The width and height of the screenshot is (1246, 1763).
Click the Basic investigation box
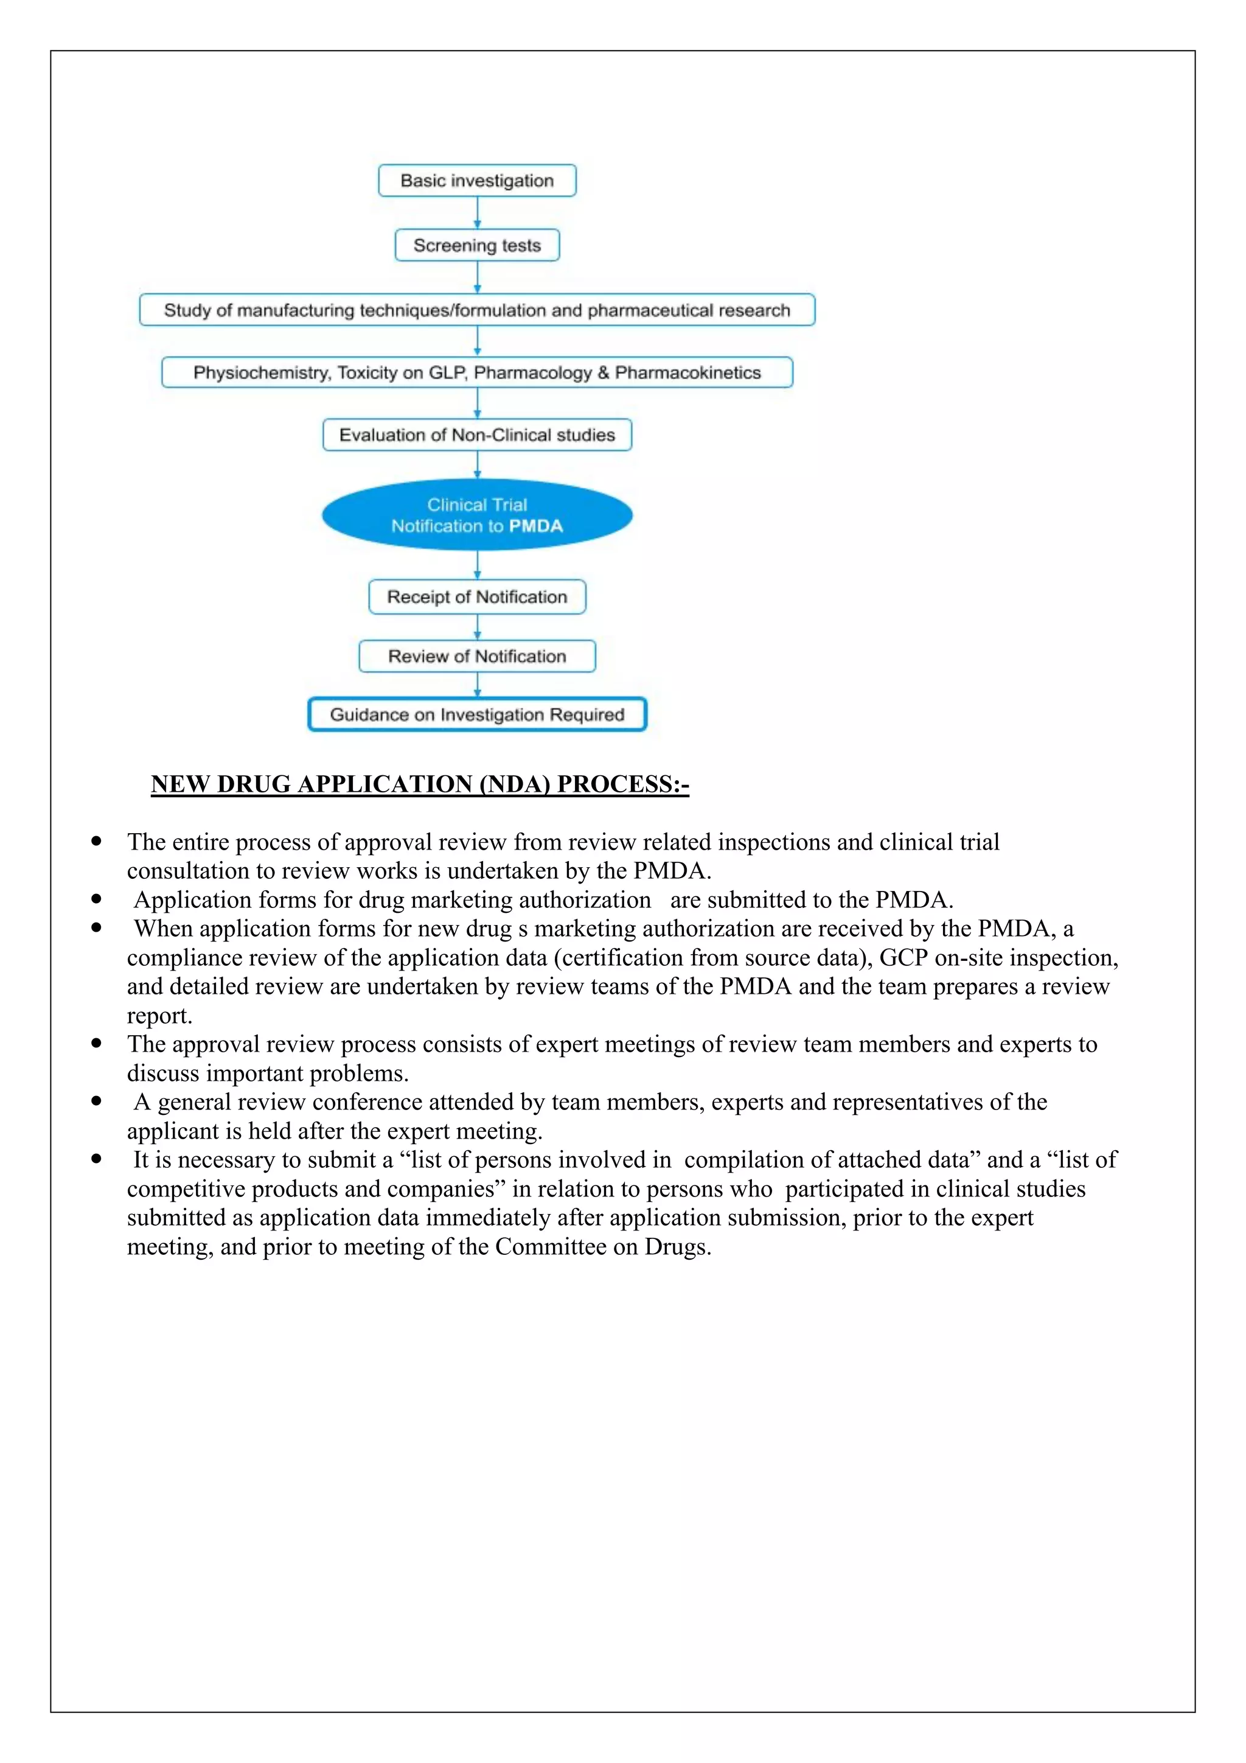coord(477,181)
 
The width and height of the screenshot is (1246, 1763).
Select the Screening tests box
coord(477,245)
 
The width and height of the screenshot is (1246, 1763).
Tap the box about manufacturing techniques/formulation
coord(477,310)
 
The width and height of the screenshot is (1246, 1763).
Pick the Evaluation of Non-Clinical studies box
coord(477,435)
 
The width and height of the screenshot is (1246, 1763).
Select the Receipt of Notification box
coord(477,596)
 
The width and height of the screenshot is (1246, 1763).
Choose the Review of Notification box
coord(477,656)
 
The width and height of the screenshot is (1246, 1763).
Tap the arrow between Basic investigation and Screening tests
coord(477,213)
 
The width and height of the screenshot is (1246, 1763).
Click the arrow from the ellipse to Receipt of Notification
coord(477,564)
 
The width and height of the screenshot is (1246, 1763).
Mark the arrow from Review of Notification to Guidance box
coord(477,684)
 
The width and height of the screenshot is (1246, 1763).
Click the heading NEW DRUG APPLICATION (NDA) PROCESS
coord(420,784)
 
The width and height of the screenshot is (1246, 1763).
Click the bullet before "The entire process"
coord(97,841)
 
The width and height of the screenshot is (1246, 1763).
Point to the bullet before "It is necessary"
coord(97,1159)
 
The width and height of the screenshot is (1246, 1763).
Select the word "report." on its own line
coord(159,1015)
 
